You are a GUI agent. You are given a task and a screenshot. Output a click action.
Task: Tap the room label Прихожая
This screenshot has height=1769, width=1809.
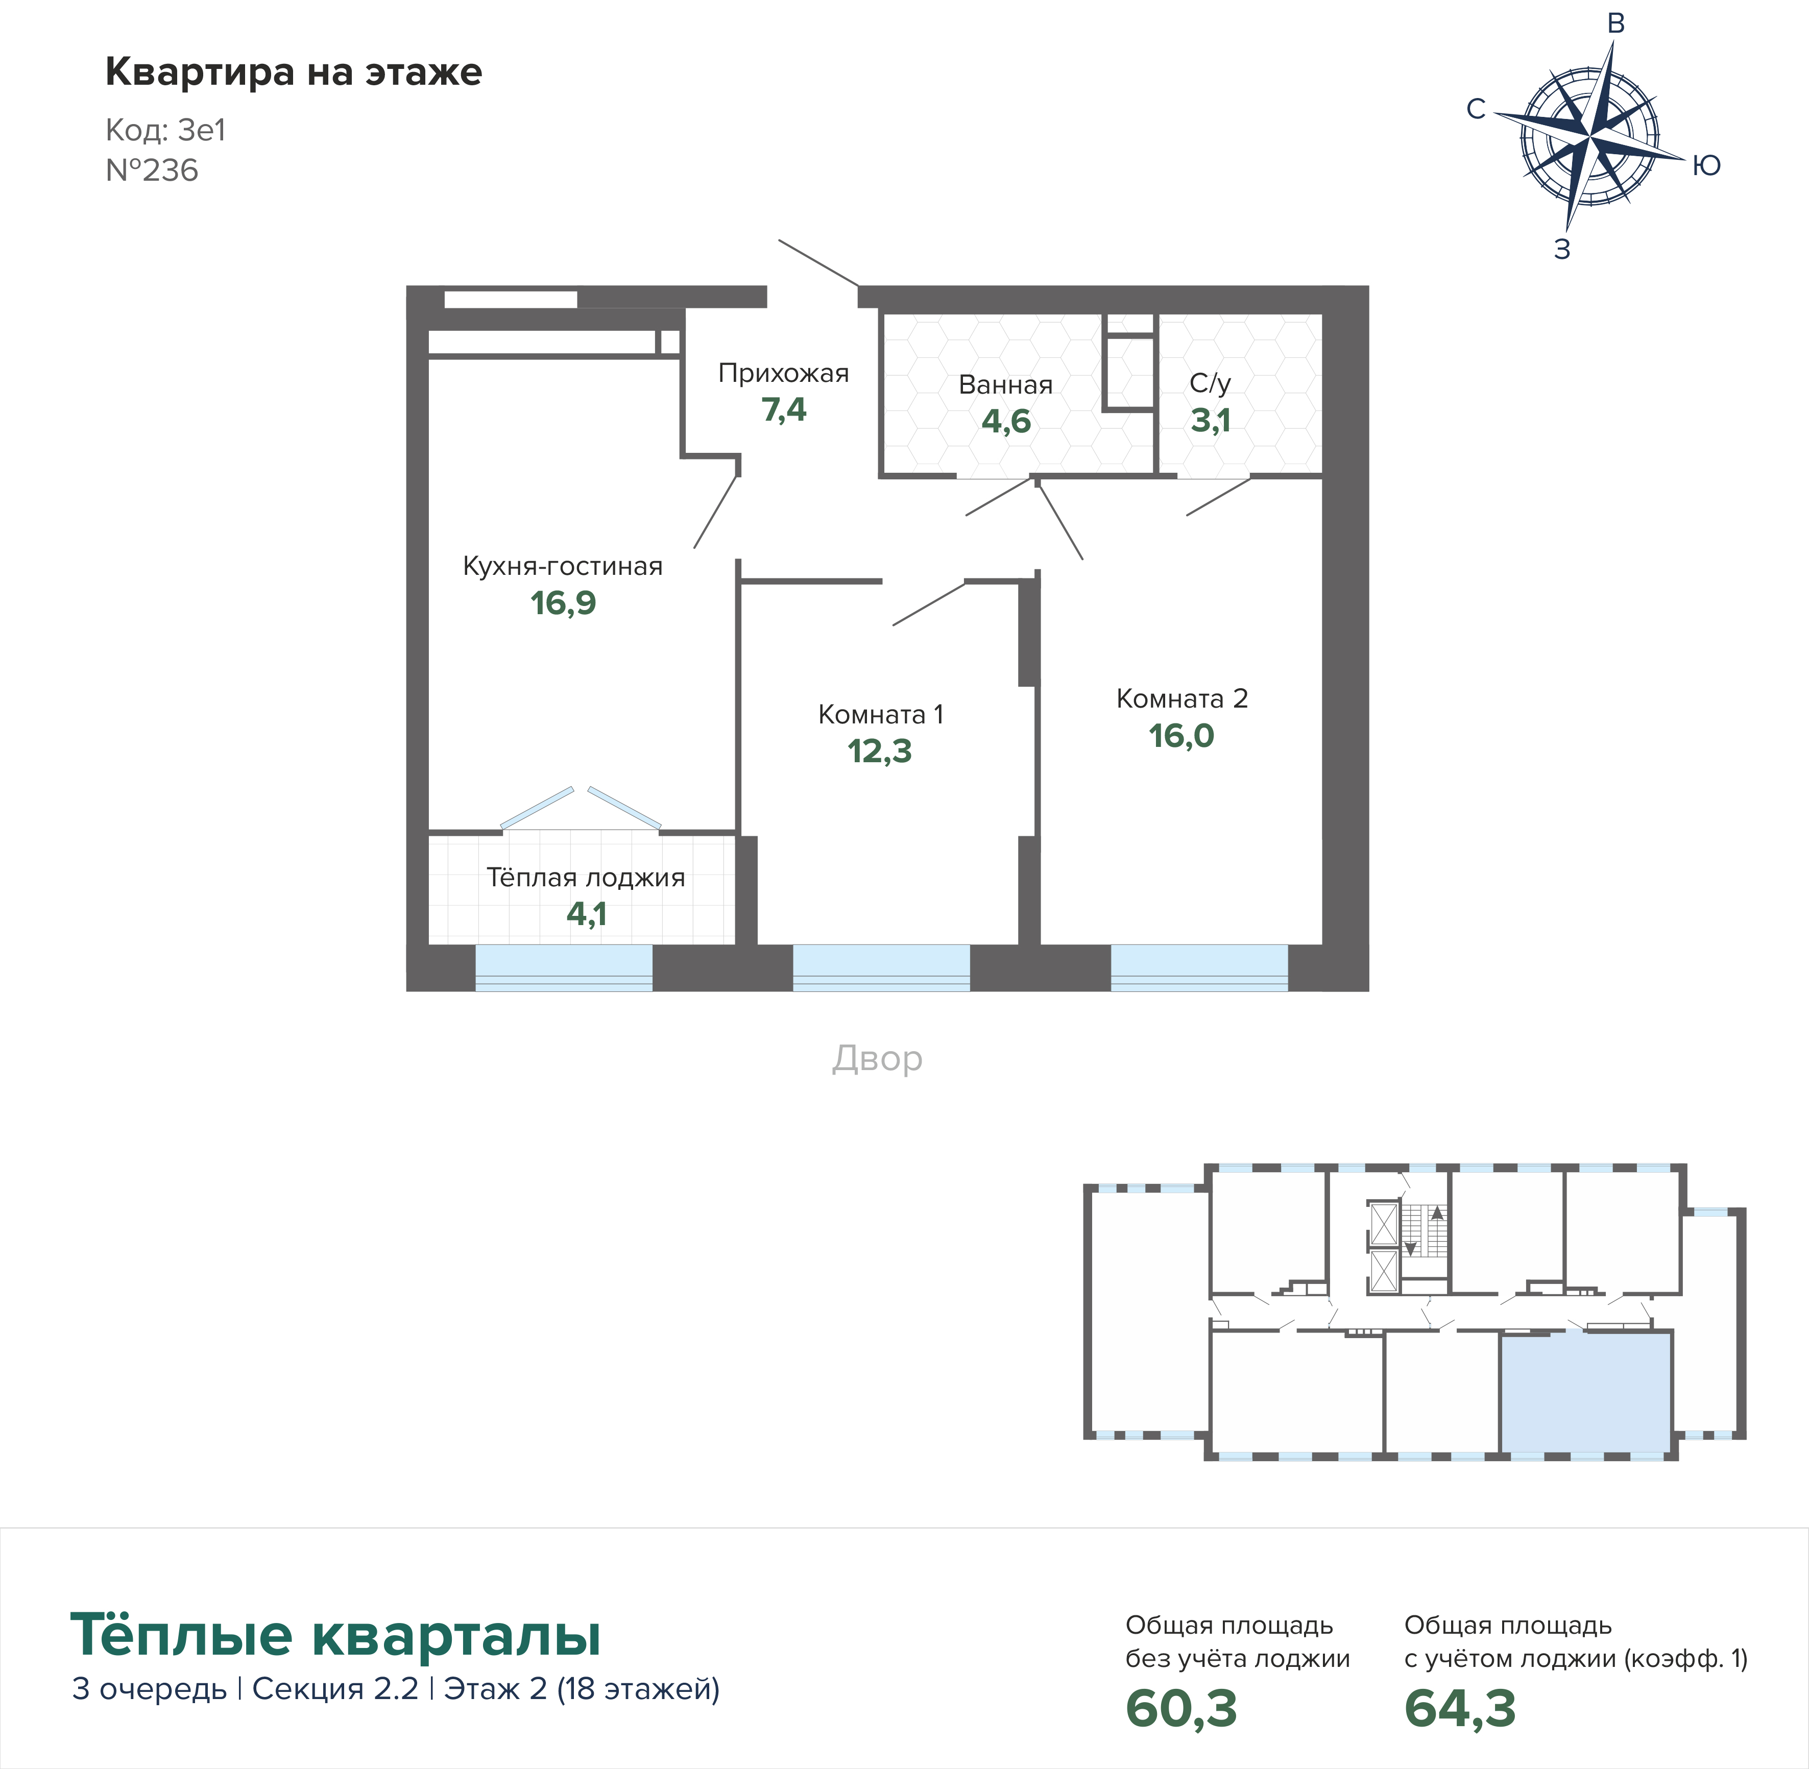[x=783, y=374]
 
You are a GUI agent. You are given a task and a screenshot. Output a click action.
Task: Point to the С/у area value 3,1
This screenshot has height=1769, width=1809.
[x=1211, y=421]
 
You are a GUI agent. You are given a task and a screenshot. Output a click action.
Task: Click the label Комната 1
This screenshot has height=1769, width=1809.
[x=880, y=714]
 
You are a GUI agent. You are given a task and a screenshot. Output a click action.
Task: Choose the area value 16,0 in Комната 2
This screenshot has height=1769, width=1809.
[x=1181, y=736]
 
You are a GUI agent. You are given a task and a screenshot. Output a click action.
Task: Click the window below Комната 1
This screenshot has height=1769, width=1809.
[x=881, y=967]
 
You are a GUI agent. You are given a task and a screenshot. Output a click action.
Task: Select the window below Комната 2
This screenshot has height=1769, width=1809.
[x=1198, y=967]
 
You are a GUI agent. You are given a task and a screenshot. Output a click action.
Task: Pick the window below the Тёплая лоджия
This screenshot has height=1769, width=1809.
[x=564, y=967]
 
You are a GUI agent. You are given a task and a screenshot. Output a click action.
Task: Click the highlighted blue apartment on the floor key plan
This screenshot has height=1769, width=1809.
[x=1586, y=1394]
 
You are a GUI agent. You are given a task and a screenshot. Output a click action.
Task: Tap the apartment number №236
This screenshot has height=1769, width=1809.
[x=152, y=171]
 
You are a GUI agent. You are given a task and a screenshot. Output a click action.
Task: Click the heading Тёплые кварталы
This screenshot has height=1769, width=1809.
[x=335, y=1635]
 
